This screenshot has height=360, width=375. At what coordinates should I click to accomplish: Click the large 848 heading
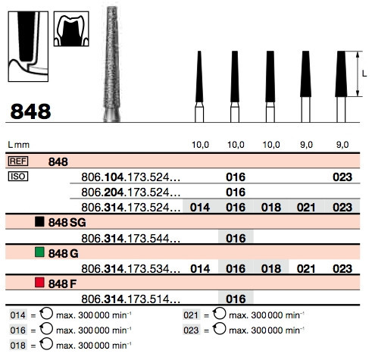pyautogui.click(x=30, y=111)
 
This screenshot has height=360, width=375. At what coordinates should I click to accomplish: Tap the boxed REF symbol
pyautogui.click(x=18, y=161)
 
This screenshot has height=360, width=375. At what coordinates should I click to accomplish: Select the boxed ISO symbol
pyautogui.click(x=18, y=177)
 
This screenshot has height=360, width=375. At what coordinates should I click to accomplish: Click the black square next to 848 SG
pyautogui.click(x=39, y=221)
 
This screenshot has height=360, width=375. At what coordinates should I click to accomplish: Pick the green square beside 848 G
pyautogui.click(x=39, y=252)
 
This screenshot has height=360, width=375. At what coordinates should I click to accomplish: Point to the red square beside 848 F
pyautogui.click(x=39, y=283)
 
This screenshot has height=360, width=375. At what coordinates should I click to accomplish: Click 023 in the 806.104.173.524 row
pyautogui.click(x=342, y=177)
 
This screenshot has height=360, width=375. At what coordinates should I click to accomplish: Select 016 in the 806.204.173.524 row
pyautogui.click(x=236, y=193)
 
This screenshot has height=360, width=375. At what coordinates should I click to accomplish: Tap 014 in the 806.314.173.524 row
pyautogui.click(x=200, y=208)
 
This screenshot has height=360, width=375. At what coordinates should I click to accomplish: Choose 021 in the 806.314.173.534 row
pyautogui.click(x=306, y=268)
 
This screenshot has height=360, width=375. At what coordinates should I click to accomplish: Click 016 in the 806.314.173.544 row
pyautogui.click(x=236, y=238)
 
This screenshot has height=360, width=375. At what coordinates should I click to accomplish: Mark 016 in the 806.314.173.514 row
pyautogui.click(x=236, y=299)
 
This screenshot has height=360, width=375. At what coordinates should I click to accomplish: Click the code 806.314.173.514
pyautogui.click(x=130, y=299)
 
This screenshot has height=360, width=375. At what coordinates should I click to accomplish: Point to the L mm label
pyautogui.click(x=19, y=145)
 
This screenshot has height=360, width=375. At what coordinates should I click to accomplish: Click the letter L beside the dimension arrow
pyautogui.click(x=364, y=74)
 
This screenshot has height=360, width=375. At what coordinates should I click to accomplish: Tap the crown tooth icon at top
pyautogui.click(x=71, y=29)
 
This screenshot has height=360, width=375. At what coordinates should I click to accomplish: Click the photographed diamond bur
pyautogui.click(x=112, y=64)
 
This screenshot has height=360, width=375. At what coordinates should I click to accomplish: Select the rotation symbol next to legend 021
pyautogui.click(x=219, y=314)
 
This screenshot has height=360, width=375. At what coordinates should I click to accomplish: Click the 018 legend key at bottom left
pyautogui.click(x=18, y=346)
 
